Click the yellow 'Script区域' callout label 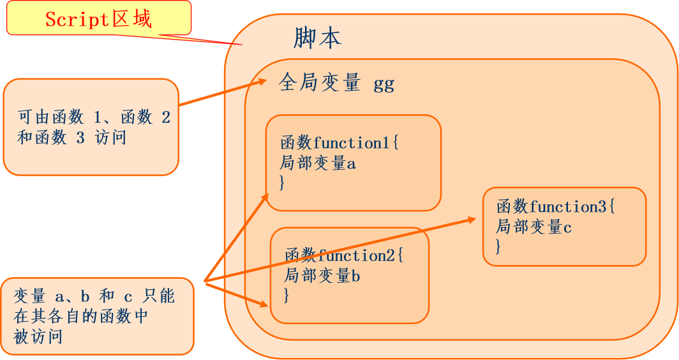coord(99,19)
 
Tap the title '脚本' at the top coord(317,39)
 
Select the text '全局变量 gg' coord(336,84)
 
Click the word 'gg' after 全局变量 coord(384,84)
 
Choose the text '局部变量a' coord(318,163)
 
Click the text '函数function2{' coord(344,256)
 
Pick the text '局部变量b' coord(322,276)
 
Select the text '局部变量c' coord(533,227)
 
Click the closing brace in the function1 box coord(283,183)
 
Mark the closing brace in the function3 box coord(498,246)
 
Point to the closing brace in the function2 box coord(287,296)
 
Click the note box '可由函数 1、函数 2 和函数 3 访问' coord(91,126)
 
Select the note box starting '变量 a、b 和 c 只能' coord(97,316)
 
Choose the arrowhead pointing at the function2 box coord(264,304)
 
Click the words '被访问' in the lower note coord(38,336)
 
